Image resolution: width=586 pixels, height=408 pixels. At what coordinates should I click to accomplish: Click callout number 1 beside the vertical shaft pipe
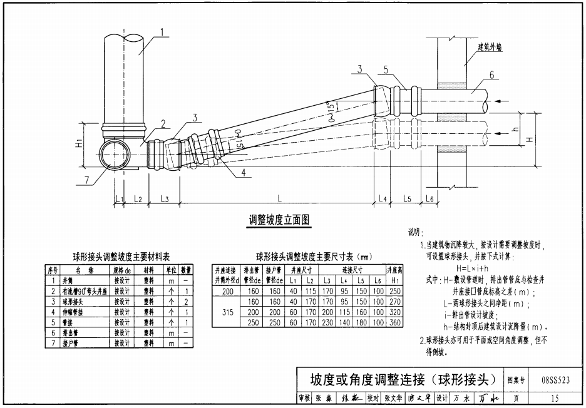(x=162, y=31)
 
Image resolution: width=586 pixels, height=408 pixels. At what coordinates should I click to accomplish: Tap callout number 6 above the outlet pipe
(x=491, y=76)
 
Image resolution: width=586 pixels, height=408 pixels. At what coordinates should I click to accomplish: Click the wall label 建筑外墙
(x=491, y=46)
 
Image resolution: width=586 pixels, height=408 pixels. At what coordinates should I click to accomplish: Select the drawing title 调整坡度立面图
(x=280, y=220)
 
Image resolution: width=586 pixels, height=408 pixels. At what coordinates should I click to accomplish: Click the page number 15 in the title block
(x=555, y=397)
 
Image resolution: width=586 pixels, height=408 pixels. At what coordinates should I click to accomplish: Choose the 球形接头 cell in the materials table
(x=84, y=301)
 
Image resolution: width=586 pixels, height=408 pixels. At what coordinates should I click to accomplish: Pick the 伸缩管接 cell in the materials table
(x=84, y=311)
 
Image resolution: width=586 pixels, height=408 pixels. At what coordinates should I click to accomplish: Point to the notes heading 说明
(x=415, y=233)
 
